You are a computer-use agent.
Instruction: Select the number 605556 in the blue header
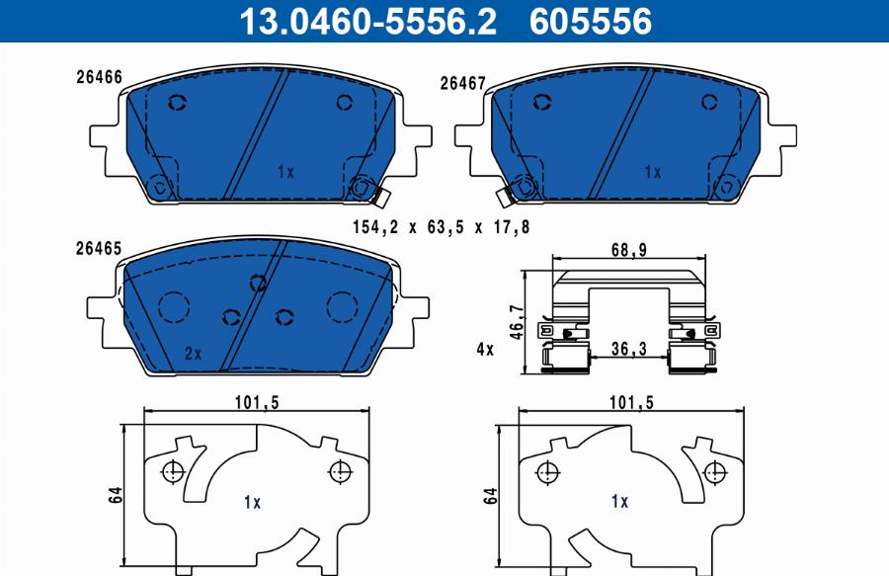(x=591, y=21)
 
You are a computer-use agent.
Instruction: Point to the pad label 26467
(x=461, y=85)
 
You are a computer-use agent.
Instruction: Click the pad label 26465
(x=99, y=250)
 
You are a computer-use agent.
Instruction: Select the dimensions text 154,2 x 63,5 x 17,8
(x=442, y=227)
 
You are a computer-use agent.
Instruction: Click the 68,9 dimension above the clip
(x=628, y=251)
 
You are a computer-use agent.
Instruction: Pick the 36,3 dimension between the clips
(x=629, y=349)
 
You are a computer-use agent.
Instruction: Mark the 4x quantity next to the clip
(x=484, y=349)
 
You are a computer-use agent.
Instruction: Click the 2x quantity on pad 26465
(x=193, y=353)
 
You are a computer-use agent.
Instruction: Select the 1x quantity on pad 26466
(x=285, y=172)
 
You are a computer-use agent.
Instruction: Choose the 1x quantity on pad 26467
(x=652, y=172)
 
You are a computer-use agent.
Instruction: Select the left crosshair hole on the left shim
(x=173, y=471)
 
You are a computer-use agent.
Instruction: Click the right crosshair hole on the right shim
(x=709, y=471)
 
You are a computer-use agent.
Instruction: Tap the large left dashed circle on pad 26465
(x=175, y=306)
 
